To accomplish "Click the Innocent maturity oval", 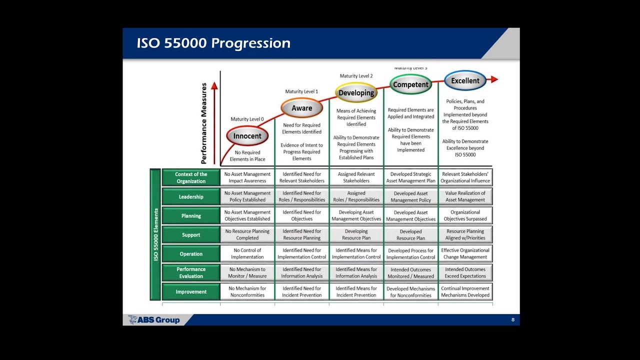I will [247, 136].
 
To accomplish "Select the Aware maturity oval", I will [301, 108].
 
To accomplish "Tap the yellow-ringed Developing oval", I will [356, 92].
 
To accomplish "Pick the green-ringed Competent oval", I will [410, 84].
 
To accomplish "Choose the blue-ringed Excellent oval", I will [465, 80].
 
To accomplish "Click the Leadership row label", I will [191, 197].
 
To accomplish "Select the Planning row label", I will [191, 216].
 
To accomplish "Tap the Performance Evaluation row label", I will [191, 272].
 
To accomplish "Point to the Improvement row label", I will [191, 292].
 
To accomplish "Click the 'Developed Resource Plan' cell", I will [410, 235].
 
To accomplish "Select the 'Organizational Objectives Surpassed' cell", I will [465, 215].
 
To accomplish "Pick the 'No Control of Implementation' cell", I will [247, 253].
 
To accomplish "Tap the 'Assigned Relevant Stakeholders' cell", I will [356, 177].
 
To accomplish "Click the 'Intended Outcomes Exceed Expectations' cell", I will [465, 272].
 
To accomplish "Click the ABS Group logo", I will [154, 320].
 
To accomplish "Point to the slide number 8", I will [512, 320].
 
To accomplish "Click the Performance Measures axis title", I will [204, 123].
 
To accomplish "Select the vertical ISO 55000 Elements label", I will [155, 234].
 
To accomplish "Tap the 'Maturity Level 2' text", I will [356, 76].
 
